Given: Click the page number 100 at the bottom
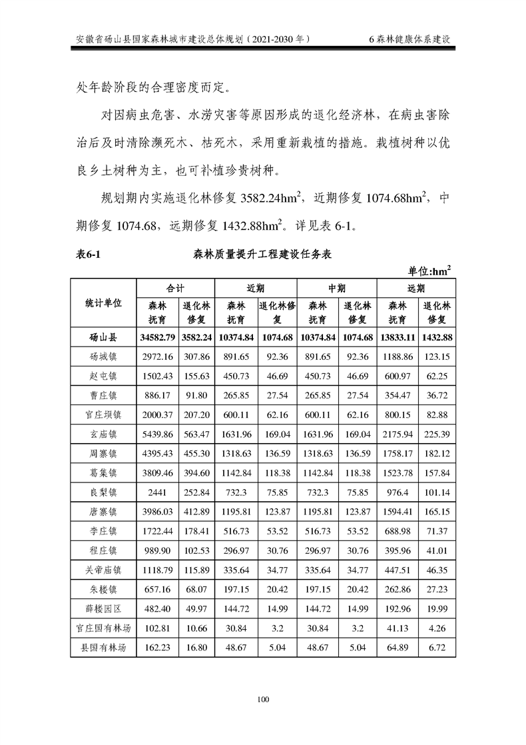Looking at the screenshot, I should (262, 698).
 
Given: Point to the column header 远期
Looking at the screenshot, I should (416, 288).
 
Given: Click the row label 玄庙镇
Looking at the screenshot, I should (103, 434).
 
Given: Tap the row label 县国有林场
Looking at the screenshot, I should (103, 647).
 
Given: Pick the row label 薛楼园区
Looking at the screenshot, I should (103, 608).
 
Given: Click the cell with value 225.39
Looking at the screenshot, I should (437, 434).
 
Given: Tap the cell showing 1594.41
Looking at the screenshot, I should (397, 512).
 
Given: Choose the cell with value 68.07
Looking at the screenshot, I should (196, 589).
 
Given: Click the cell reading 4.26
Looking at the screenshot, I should (437, 628).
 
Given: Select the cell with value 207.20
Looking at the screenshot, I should (196, 414).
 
